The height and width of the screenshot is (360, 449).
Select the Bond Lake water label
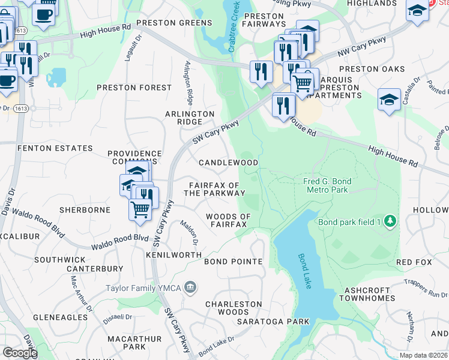click(x=305, y=271)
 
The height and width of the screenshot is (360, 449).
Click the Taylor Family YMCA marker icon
click(x=190, y=288)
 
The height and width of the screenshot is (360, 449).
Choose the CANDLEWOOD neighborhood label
click(x=228, y=163)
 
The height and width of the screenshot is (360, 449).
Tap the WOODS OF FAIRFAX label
click(x=228, y=220)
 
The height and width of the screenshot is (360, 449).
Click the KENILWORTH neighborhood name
click(x=173, y=255)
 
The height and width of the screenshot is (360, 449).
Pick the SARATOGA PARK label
click(x=273, y=322)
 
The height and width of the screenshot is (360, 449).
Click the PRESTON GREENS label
click(x=174, y=23)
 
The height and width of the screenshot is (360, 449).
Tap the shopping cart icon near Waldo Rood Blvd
click(x=140, y=209)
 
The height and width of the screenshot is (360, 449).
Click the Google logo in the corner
click(x=19, y=353)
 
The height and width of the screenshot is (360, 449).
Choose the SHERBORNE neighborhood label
click(x=85, y=210)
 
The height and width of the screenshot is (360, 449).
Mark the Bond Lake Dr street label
click(x=217, y=344)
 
